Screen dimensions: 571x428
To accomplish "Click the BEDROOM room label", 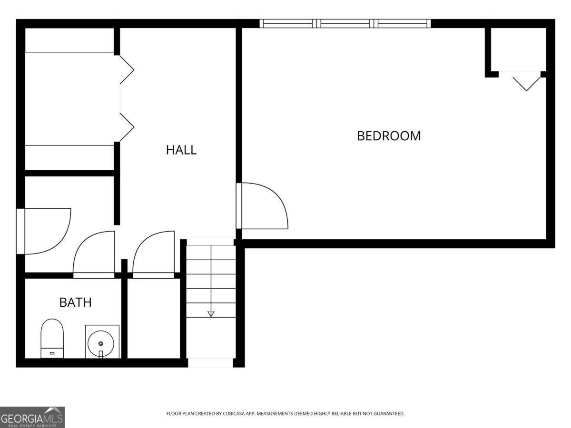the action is [389, 136].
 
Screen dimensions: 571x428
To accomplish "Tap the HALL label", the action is [181, 150].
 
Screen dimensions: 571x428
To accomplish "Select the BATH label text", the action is [76, 302].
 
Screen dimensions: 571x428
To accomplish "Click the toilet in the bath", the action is [52, 338].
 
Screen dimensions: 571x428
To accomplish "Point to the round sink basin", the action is [101, 343].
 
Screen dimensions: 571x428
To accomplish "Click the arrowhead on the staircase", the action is [211, 314].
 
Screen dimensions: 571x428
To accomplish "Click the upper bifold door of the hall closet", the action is [127, 69].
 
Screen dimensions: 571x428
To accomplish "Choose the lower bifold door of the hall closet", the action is [127, 127].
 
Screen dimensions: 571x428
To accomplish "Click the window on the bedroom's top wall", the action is [345, 23].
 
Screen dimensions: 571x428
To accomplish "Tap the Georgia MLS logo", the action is [32, 417].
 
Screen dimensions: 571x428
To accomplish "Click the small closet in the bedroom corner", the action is [518, 49].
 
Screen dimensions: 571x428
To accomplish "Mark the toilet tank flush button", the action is [52, 353].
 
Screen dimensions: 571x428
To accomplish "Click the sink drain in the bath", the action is [101, 343].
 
